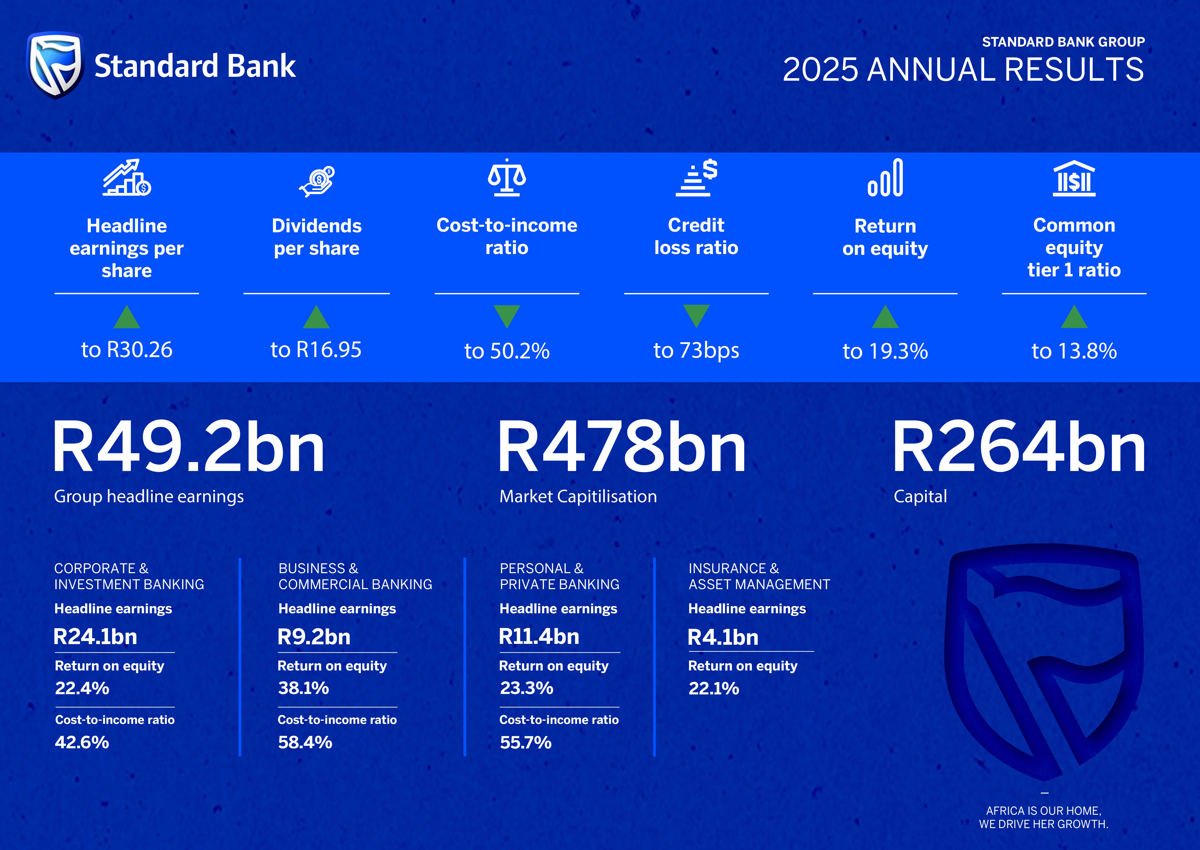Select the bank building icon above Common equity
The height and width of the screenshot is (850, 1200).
point(1074,178)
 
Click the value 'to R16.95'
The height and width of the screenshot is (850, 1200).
point(316,350)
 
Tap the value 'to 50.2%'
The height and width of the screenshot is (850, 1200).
point(507,351)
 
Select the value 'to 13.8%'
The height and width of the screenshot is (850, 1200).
point(1074,351)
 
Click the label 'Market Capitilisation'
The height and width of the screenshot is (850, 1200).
point(578,496)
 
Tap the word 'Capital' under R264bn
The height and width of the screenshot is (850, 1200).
point(920,496)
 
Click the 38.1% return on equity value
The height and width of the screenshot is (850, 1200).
point(303,688)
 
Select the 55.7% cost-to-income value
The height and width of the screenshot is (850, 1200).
point(526,742)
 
